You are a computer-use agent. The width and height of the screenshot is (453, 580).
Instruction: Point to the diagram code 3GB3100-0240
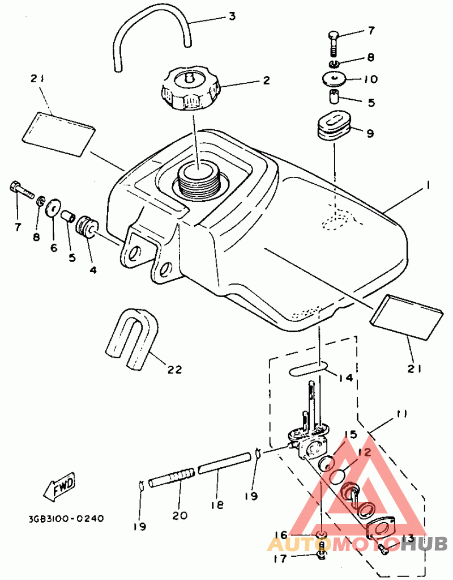66,518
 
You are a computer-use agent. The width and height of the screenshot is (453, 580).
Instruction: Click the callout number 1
428,185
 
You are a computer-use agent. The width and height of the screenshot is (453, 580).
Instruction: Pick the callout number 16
281,535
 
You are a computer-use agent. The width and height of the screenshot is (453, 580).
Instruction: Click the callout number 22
174,369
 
